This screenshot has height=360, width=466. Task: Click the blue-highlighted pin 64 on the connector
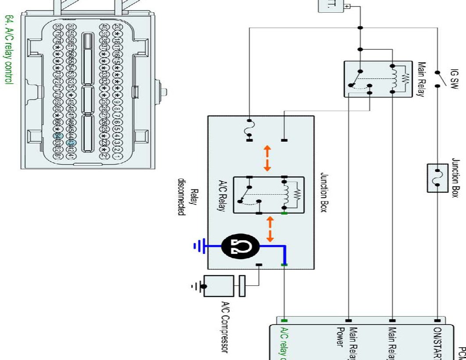click(57, 136)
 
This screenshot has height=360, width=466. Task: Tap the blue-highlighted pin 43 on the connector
click(70, 143)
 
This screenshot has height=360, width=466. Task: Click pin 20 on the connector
click(116, 27)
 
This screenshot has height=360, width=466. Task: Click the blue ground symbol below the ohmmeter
click(198, 247)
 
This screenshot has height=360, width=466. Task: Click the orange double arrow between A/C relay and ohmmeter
click(270, 229)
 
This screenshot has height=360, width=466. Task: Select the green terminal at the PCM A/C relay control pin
click(284, 321)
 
